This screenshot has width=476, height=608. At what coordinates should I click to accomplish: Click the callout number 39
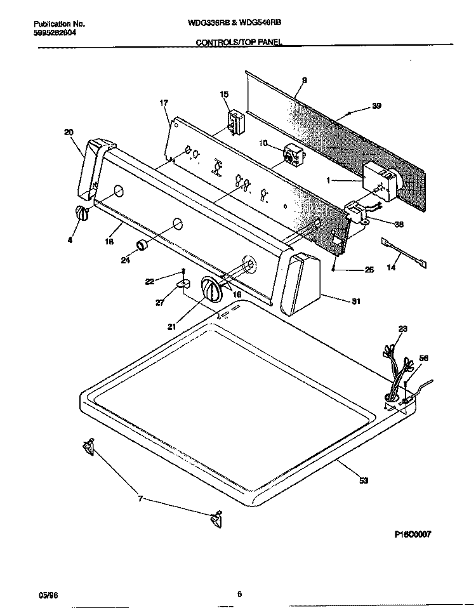point(376,107)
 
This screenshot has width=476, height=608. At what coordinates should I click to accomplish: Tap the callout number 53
point(364,481)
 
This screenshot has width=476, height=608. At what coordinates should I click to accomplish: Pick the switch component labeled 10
point(293,154)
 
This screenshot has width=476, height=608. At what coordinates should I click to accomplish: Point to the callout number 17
point(164,103)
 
